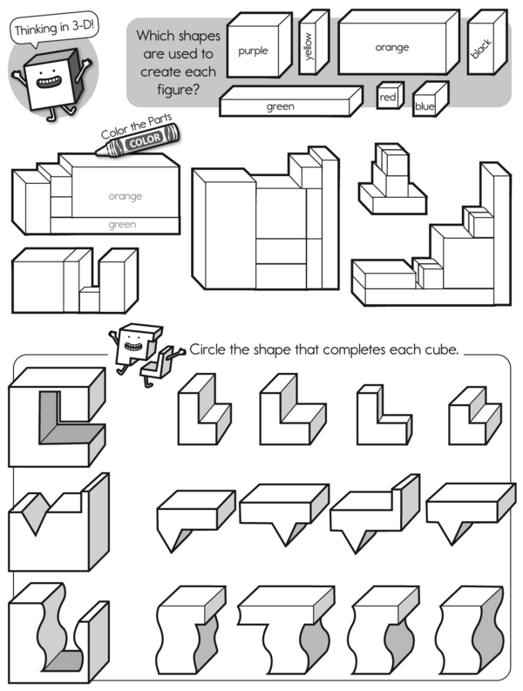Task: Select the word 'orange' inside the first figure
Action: coord(126,196)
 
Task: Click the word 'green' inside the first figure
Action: coord(122,224)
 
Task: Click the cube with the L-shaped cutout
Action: coord(58,417)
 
